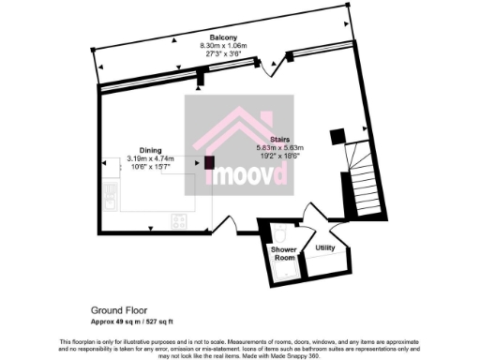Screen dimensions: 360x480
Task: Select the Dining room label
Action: point(150,150)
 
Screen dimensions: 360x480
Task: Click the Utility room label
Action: point(325,248)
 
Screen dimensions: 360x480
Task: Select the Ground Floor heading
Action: point(120,308)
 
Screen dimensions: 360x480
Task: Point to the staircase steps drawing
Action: point(362,177)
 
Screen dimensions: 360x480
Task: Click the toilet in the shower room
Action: point(281,232)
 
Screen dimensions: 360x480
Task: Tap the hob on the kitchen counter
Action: point(178,220)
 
